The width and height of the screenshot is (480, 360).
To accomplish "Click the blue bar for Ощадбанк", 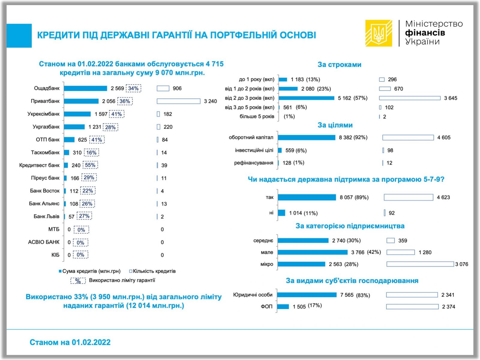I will coord(85,88).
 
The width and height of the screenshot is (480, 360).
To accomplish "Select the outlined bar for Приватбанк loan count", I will coord(178,101).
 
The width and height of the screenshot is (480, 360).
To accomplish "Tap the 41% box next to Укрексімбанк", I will coord(117,114).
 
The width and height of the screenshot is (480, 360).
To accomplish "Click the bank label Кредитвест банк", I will coord(39,165).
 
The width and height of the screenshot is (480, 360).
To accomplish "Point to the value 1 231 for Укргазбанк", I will coord(95,127).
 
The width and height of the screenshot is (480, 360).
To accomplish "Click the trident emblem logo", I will coord(379,33).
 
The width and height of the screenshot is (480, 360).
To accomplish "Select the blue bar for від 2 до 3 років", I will coord(306,98).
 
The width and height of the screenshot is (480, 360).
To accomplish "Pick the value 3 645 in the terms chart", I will coord(451,98).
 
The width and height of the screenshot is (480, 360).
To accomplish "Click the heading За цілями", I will coord(335,125).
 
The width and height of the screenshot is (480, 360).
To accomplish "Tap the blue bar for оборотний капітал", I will coord(306,137).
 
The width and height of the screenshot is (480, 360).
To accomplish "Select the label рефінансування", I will coord(253,163).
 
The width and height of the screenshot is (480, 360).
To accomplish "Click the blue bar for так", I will coord(307,197).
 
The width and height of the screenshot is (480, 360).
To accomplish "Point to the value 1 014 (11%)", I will coord(303,213).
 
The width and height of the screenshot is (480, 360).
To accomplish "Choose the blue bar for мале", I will coord(313,252).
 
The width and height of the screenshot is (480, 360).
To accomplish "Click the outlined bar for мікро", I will coord(420,264).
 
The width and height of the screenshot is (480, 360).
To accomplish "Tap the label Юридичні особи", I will coord(253,295).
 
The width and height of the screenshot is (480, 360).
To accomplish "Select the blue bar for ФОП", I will coord(283,307).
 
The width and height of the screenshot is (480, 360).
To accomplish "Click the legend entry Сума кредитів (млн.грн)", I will coord(90,271).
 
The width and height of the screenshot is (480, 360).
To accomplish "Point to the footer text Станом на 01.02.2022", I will coord(70,342).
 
